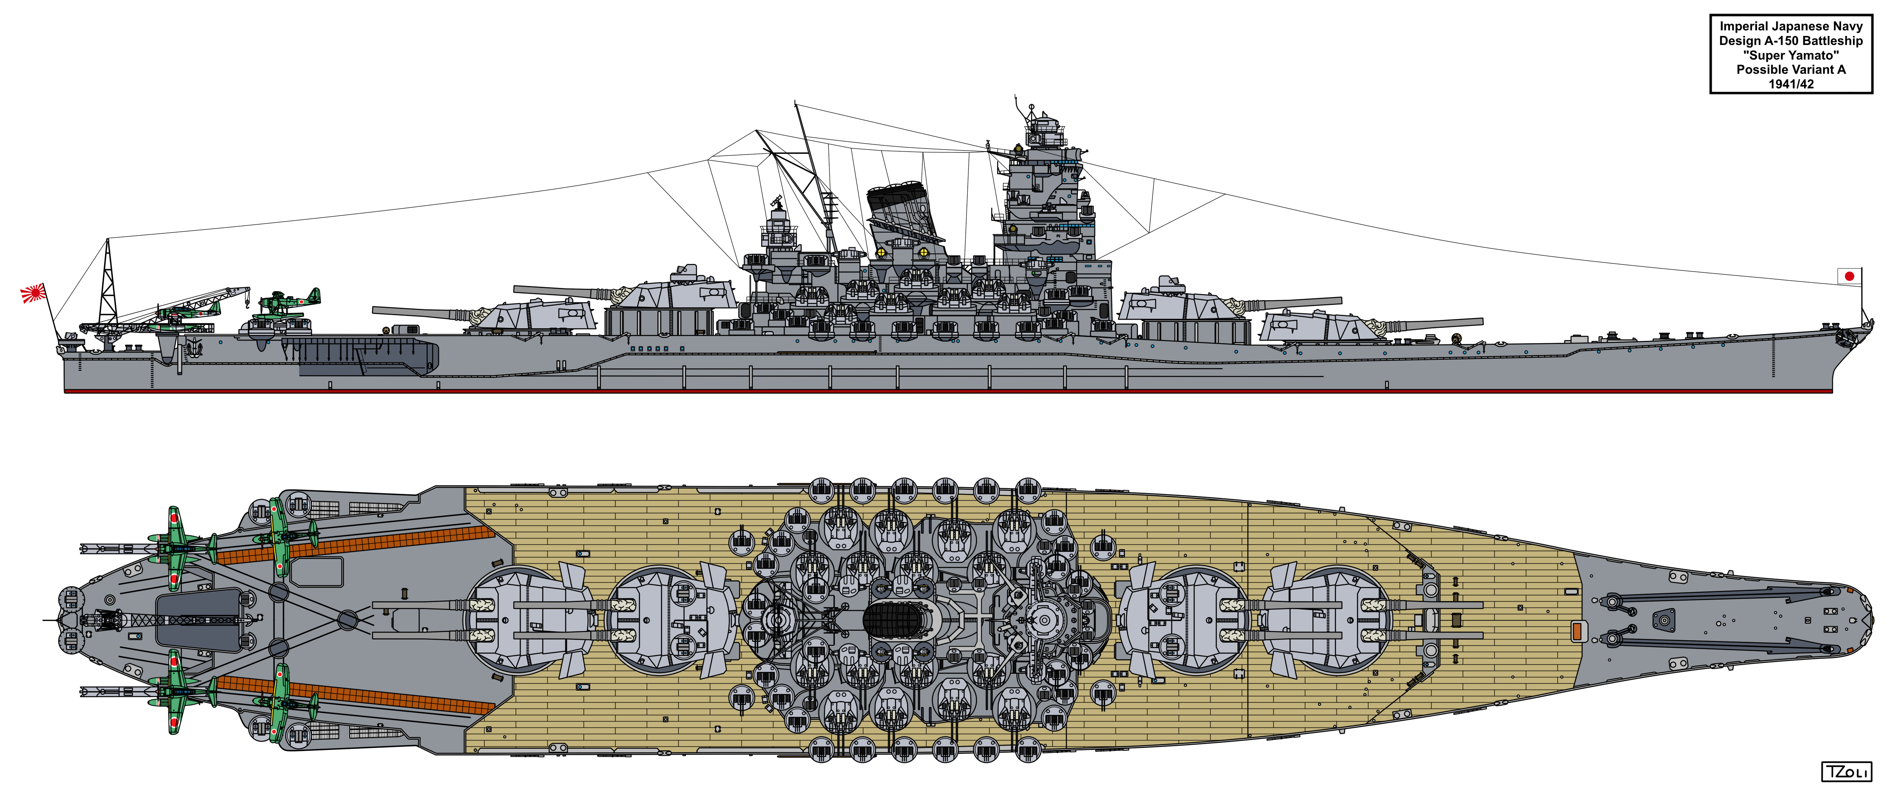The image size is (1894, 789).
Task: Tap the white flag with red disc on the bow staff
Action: click(1849, 277)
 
